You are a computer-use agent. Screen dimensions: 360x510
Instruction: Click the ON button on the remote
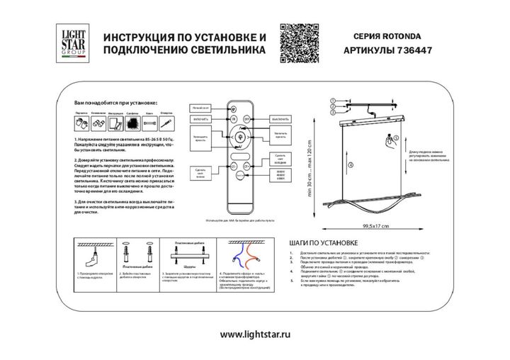point(233,120)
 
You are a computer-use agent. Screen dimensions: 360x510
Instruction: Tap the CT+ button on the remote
point(246,166)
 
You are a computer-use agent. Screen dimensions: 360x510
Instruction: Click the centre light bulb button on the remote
point(239,136)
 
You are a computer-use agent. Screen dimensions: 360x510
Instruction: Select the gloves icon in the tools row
point(81,123)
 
